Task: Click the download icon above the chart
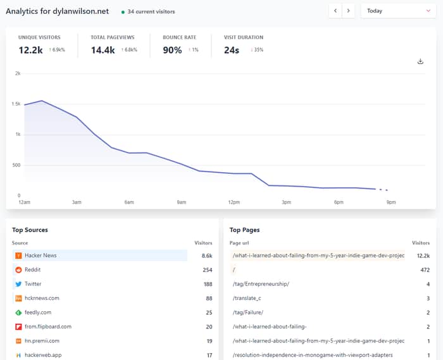[420, 61]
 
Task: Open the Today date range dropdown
[398, 11]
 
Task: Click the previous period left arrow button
[335, 11]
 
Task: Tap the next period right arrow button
[348, 11]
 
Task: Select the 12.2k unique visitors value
[30, 50]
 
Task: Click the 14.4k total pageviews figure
[103, 50]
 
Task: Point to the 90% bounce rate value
[172, 50]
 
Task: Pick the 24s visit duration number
[232, 50]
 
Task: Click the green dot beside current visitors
[123, 12]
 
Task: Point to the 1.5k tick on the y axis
[16, 104]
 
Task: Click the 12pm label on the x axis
[234, 202]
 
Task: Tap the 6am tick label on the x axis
[129, 202]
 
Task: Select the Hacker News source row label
[41, 256]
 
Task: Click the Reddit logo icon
[18, 270]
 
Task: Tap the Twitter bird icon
[18, 284]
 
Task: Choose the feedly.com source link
[38, 313]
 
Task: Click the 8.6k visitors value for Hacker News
[207, 256]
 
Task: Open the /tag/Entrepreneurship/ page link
[261, 284]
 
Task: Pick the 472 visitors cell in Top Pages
[425, 270]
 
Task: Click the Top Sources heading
[30, 230]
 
